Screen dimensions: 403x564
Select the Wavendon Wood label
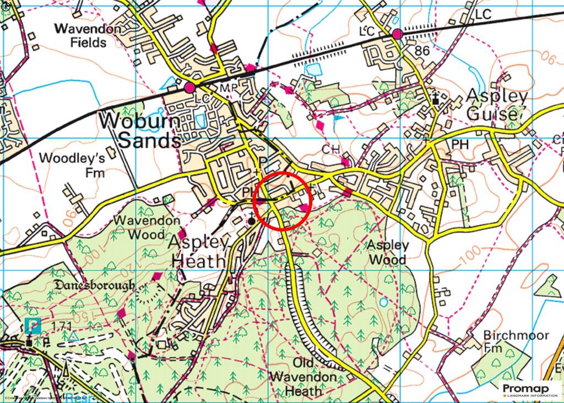(x=146, y=227)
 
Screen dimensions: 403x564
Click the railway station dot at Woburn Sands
(x=190, y=88)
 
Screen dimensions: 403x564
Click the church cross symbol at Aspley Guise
(x=436, y=99)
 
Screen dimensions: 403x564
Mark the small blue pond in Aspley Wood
(x=383, y=302)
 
